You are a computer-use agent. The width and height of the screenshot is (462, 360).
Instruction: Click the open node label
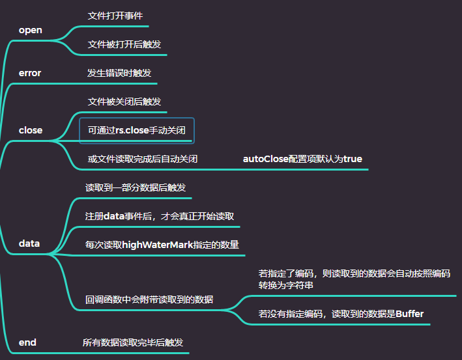[x=30, y=30]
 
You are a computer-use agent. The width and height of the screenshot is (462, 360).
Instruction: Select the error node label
[x=30, y=73]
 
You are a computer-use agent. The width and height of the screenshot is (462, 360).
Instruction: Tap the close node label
[x=31, y=130]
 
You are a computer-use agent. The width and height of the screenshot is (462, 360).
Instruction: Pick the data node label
[x=29, y=243]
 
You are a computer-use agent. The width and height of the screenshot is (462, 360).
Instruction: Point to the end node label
[x=27, y=342]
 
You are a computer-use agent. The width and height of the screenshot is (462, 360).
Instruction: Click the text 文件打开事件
[x=115, y=15]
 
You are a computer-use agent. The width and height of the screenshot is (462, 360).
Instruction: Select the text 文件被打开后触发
[x=124, y=44]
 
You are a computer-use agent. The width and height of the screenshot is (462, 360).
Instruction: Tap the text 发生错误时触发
[x=119, y=73]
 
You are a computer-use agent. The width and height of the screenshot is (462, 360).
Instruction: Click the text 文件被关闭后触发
[x=124, y=102]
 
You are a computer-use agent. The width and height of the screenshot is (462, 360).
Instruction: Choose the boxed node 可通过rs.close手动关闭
[x=137, y=130]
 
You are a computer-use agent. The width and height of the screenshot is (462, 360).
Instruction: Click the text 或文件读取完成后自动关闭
[x=143, y=159]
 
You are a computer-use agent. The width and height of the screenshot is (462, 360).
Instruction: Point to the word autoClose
[x=265, y=159]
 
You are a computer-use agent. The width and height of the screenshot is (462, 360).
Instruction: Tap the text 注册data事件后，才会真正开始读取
[x=160, y=216]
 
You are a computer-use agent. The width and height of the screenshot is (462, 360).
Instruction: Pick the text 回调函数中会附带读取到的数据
[x=149, y=300]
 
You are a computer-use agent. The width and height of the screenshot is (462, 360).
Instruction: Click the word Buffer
[x=409, y=314]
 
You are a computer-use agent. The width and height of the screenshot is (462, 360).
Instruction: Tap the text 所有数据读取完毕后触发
[x=133, y=342]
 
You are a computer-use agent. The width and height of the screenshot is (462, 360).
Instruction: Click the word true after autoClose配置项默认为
[x=353, y=159]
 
